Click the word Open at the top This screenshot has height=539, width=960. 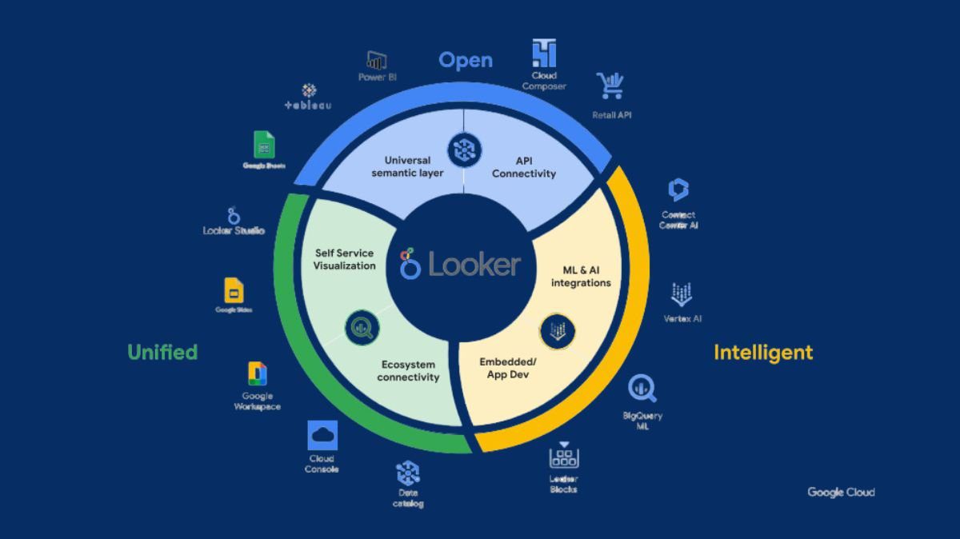(x=466, y=61)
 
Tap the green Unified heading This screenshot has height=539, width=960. (x=162, y=352)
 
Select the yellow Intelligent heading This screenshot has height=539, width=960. (x=762, y=352)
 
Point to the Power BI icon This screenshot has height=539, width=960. (x=377, y=60)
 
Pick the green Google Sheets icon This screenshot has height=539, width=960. (x=264, y=145)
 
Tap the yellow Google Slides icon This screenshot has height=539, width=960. (x=234, y=289)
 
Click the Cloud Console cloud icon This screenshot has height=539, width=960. (x=322, y=437)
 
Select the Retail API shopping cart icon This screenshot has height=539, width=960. (x=610, y=86)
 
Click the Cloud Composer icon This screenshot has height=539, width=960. (x=544, y=54)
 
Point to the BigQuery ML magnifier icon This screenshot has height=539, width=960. (x=642, y=389)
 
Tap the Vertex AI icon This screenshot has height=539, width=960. (x=682, y=294)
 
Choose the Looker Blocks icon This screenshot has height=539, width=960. (x=564, y=456)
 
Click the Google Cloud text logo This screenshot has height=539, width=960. (x=841, y=493)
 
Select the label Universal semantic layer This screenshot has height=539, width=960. (x=407, y=166)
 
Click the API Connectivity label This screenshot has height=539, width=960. (x=524, y=166)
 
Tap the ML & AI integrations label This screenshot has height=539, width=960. (x=581, y=276)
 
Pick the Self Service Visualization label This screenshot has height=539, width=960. (x=345, y=259)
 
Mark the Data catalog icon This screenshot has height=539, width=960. (x=408, y=473)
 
